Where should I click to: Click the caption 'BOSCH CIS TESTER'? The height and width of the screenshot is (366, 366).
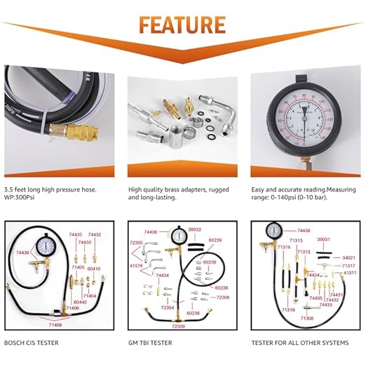[x=32, y=343]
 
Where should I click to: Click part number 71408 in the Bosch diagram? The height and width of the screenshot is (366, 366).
[x=54, y=325]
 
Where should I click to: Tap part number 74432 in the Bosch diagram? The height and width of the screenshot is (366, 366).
[x=95, y=235]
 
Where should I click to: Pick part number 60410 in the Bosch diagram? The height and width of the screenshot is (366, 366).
[x=93, y=269]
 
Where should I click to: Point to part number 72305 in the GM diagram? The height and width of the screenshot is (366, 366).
[x=136, y=242]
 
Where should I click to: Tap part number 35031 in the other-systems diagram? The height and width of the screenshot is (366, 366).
[x=324, y=240]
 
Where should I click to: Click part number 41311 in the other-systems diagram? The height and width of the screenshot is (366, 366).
[x=349, y=273]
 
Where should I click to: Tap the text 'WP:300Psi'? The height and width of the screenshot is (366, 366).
[x=22, y=198]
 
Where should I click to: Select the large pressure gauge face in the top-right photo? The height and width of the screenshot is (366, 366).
[x=304, y=116]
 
